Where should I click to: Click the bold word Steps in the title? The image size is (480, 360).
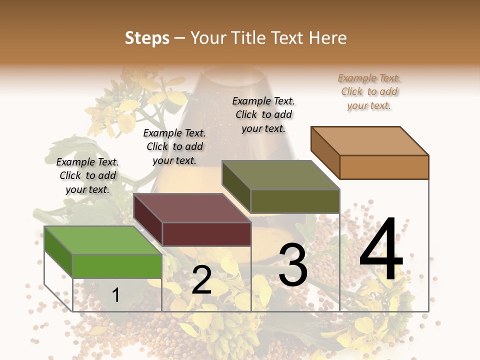[147, 38]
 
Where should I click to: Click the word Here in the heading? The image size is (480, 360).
[327, 38]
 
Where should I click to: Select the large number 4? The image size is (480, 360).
[381, 250]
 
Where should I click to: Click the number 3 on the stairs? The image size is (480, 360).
[293, 265]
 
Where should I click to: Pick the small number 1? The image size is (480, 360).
[116, 295]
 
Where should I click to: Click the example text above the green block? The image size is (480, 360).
[87, 175]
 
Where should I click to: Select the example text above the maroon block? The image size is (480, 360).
[174, 146]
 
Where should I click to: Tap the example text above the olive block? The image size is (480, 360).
[263, 114]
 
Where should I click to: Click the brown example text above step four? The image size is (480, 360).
[369, 91]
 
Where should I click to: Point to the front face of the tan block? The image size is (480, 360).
[384, 167]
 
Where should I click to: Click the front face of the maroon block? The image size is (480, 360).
[206, 234]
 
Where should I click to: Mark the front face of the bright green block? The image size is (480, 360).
[117, 266]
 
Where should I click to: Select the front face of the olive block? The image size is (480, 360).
[295, 201]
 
